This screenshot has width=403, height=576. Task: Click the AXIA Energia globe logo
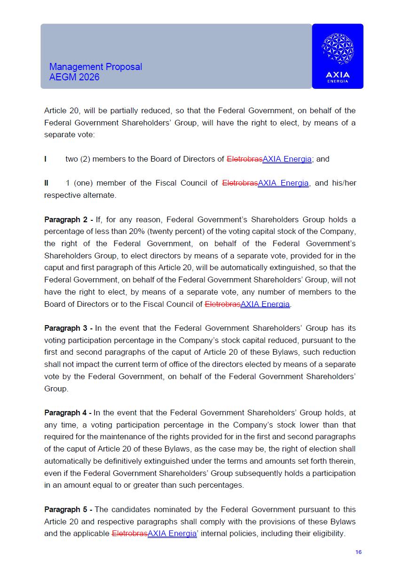pos(337,49)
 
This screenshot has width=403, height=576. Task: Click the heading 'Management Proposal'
pos(95,67)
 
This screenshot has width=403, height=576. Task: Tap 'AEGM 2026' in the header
pos(74,77)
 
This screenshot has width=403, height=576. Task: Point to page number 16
pos(358,552)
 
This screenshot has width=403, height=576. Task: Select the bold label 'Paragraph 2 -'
pos(68,219)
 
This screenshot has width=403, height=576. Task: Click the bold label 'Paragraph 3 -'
pos(68,328)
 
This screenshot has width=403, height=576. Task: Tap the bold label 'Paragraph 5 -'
pos(68,509)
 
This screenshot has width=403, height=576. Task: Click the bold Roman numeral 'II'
pos(46,183)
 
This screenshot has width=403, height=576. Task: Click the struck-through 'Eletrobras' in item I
pos(245,159)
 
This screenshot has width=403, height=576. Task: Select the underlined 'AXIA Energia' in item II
pos(283,183)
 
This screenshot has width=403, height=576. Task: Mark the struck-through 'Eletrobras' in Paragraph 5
pos(130,533)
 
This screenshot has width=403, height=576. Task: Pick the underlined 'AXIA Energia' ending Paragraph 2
pos(265,304)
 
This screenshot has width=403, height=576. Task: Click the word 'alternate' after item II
pos(99,195)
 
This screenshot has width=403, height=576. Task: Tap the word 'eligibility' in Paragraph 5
pos(326,533)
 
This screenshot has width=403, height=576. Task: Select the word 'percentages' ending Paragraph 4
pos(222,485)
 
